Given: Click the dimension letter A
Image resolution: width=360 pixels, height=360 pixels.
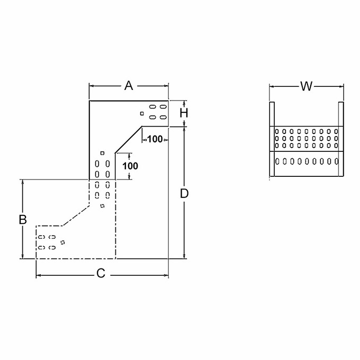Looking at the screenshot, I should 128,85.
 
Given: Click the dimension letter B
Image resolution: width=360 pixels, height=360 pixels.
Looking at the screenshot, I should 23,219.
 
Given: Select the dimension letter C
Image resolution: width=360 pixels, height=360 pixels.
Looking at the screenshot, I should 101,274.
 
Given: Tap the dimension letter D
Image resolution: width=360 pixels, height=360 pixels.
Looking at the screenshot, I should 184,193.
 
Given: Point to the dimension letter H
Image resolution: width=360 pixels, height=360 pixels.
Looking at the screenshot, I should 183,113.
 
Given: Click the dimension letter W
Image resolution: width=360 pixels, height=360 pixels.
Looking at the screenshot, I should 306,86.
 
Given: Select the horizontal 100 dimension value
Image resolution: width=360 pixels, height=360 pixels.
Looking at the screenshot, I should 155,139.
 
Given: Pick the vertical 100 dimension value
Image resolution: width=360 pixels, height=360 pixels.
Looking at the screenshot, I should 130,166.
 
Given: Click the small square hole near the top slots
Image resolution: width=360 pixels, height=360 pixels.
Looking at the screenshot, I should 142,113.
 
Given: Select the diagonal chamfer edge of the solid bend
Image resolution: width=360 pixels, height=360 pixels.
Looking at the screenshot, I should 128,140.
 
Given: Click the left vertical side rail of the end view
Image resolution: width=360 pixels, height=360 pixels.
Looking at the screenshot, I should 272,140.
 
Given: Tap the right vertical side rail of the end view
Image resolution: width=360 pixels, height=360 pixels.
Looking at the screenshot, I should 340,140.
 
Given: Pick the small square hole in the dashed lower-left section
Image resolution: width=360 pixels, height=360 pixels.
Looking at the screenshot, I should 62,242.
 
